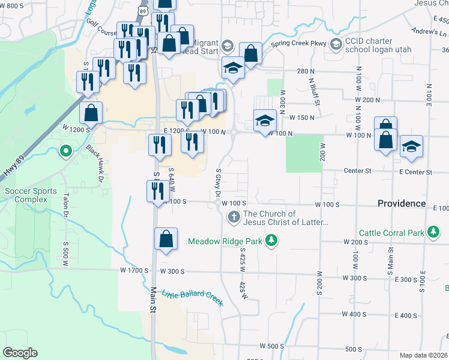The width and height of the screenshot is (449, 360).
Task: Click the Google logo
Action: [x=20, y=353]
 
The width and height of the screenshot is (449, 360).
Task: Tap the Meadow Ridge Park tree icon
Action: [x=273, y=241]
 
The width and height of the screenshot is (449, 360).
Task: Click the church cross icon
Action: [x=234, y=218]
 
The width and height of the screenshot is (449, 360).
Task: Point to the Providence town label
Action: [x=402, y=203]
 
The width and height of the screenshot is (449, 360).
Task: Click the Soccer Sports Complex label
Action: [x=31, y=195]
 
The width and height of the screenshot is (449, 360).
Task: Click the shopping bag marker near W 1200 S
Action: [x=91, y=112]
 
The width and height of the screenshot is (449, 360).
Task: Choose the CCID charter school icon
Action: [x=335, y=44]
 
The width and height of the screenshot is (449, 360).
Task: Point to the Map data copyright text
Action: [x=423, y=355]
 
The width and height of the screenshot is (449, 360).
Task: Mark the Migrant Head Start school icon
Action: [x=227, y=46]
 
